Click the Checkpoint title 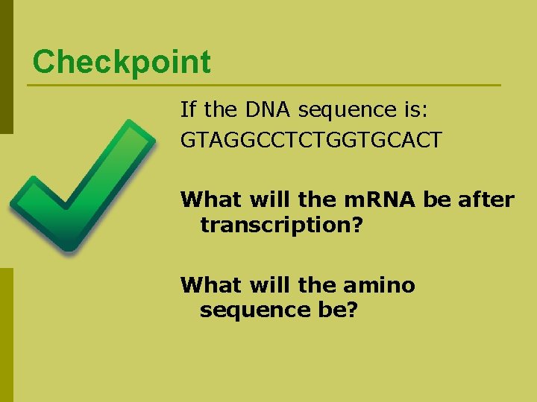pos(122,62)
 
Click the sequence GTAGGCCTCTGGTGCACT pos(311,139)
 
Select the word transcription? pos(281,225)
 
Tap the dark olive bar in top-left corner pos(6,67)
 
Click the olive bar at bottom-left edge pos(6,335)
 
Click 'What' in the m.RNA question pos(205,200)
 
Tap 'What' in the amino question pos(205,285)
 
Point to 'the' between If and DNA pos(219,110)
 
